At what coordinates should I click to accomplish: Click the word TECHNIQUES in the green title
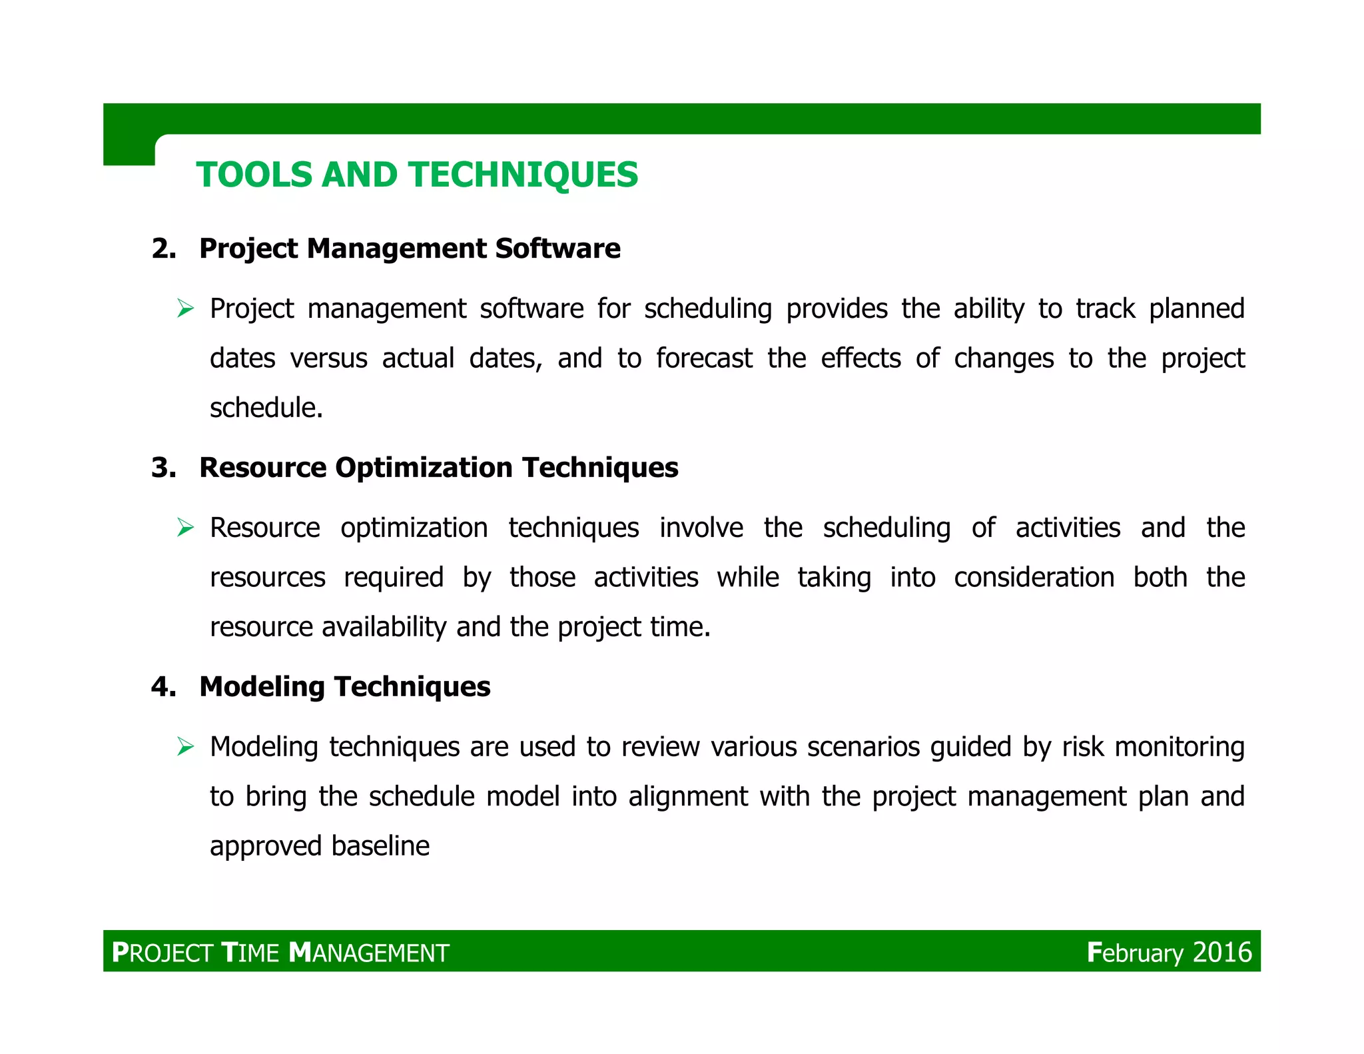[523, 175]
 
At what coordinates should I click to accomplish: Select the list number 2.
[163, 249]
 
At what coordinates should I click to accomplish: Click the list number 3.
[163, 468]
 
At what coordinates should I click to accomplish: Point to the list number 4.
[163, 687]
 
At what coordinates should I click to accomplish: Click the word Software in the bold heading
[557, 249]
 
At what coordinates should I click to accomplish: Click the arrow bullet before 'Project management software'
[185, 309]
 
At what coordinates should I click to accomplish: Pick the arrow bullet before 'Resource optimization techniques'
[185, 528]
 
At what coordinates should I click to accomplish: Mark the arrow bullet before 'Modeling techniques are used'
[185, 747]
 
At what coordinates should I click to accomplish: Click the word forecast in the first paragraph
[704, 358]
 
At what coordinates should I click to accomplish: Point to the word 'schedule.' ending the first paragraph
[266, 408]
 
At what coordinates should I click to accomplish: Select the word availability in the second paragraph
[384, 627]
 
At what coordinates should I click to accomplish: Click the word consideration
[1034, 578]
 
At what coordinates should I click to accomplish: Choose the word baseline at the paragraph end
[380, 846]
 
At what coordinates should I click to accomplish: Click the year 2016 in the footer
[1222, 952]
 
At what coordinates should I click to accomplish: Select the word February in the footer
[1135, 952]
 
